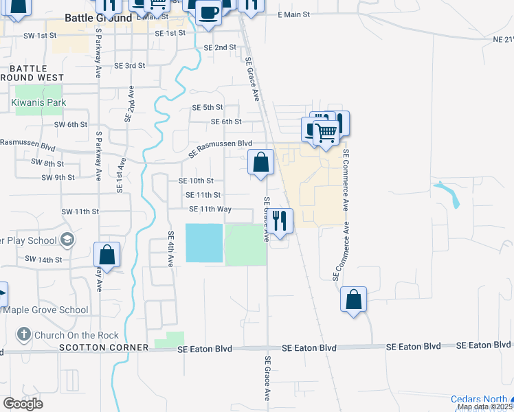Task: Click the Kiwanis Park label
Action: tap(38, 102)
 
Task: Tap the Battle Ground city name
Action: tap(98, 19)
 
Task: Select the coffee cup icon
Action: tap(208, 12)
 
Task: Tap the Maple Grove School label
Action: tap(48, 310)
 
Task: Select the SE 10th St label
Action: tap(196, 181)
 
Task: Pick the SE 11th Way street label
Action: tap(210, 209)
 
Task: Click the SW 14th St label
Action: tap(43, 260)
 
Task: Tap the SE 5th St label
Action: tap(208, 107)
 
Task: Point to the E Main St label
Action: tap(293, 14)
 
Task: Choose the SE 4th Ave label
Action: tap(171, 244)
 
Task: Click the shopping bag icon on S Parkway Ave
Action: tap(107, 255)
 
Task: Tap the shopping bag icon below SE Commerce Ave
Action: tap(353, 300)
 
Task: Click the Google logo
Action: tap(23, 404)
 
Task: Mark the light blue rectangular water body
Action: tap(204, 243)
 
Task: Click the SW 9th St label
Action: tap(58, 177)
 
